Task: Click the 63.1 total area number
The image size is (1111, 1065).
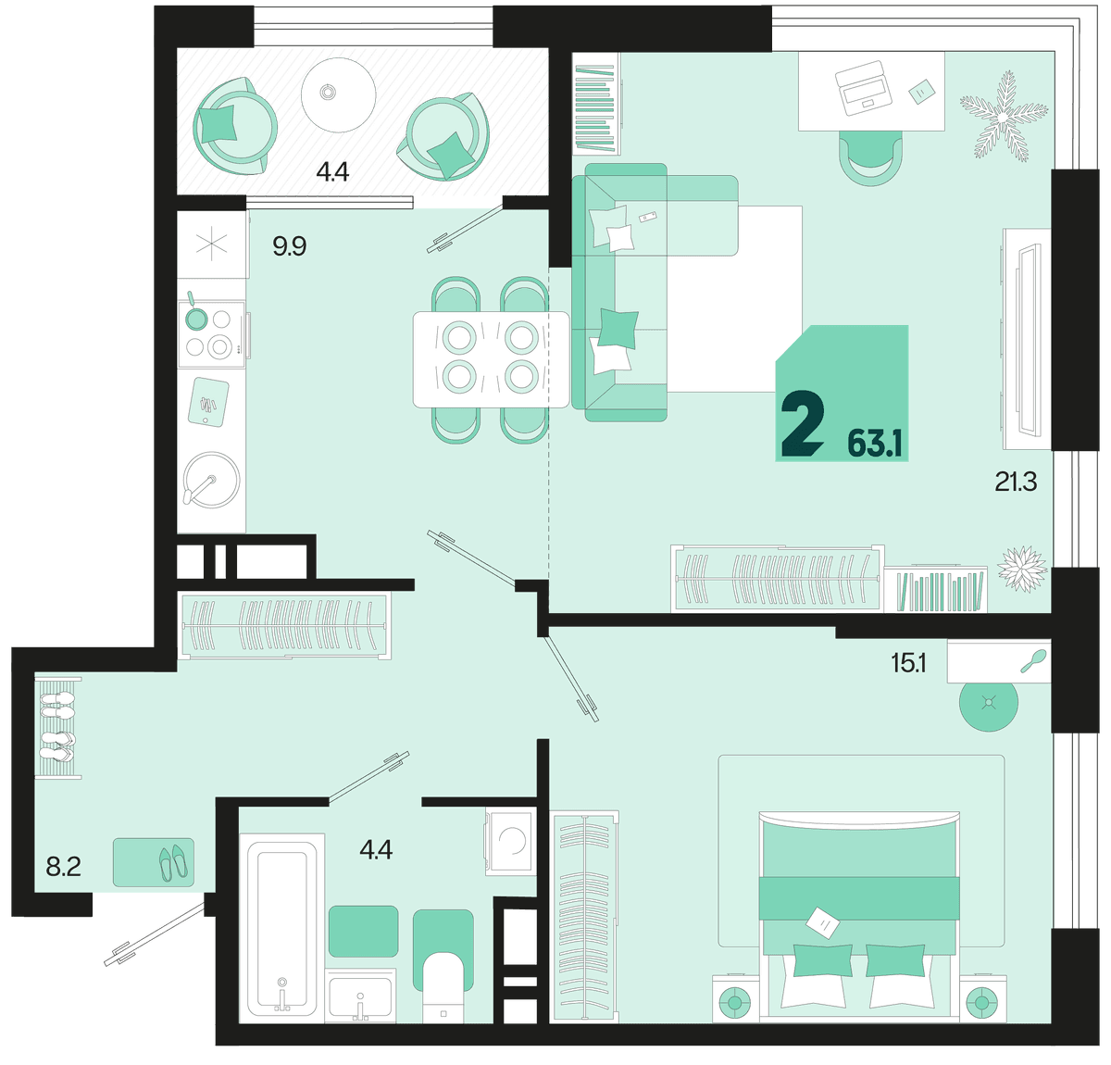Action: pyautogui.click(x=875, y=443)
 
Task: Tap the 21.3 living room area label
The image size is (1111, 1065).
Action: pyautogui.click(x=1016, y=482)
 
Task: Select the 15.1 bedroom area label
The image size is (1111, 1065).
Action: pyautogui.click(x=908, y=664)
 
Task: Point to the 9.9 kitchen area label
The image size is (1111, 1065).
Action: pyautogui.click(x=290, y=246)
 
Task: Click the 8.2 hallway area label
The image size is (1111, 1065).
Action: pyautogui.click(x=63, y=866)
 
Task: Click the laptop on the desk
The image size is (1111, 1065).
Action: pyautogui.click(x=863, y=88)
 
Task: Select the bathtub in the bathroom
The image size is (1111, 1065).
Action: pyautogui.click(x=278, y=929)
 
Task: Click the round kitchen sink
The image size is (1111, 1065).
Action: pyautogui.click(x=211, y=480)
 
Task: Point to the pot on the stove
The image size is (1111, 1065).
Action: pyautogui.click(x=195, y=316)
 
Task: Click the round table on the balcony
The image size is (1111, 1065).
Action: pyautogui.click(x=339, y=94)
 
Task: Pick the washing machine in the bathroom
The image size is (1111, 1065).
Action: pyautogui.click(x=511, y=841)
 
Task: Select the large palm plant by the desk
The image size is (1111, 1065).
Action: pyautogui.click(x=1004, y=117)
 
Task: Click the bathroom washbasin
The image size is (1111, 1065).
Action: pyautogui.click(x=361, y=996)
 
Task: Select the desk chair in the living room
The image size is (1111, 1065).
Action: pyautogui.click(x=871, y=158)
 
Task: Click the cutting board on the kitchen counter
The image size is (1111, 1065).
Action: pyautogui.click(x=208, y=402)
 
